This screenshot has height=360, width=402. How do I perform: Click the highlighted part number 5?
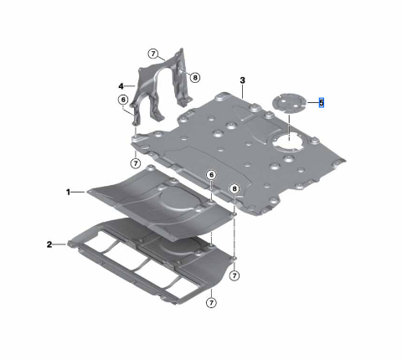(322, 103)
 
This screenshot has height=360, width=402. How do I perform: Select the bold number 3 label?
(242, 80)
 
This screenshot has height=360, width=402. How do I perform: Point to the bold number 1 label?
(70, 192)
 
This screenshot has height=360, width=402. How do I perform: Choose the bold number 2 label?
(49, 244)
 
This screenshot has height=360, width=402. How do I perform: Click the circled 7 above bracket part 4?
(153, 54)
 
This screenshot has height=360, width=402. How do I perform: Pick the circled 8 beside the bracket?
(195, 77)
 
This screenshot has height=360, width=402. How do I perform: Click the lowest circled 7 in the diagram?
(211, 302)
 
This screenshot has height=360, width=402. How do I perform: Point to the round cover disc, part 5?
(290, 105)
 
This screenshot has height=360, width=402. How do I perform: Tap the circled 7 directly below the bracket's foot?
(136, 162)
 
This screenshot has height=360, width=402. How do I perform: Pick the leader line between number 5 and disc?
(311, 103)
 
